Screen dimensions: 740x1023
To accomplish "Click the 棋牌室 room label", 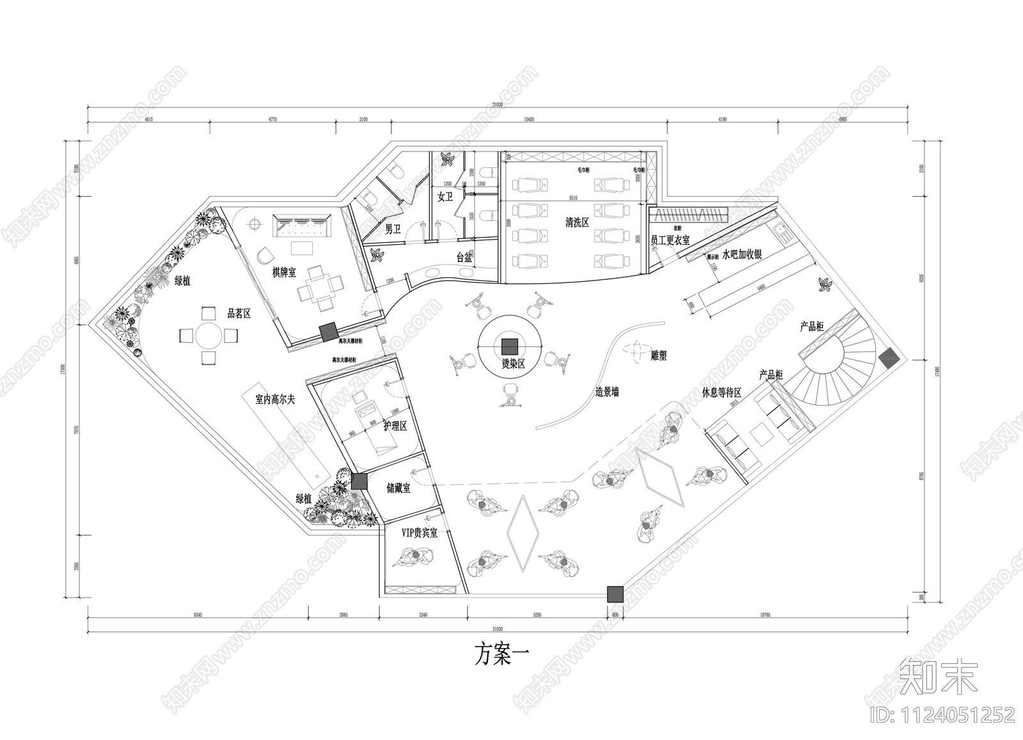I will pos(284,273).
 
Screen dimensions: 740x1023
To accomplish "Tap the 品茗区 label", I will pos(239,314).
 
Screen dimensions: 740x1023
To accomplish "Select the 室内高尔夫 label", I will pos(275,399).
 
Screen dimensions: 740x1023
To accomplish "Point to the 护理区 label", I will pos(395,425).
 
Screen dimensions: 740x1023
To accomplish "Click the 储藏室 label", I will pos(398,488).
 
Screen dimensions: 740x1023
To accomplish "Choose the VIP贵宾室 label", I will pos(419,533).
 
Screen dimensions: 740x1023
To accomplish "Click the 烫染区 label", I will pos(513,364).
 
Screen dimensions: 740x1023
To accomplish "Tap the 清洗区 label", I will pos(577,222).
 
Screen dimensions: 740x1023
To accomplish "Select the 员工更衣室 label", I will pos(670,240).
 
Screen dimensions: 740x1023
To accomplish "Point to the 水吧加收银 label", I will pos(742,254).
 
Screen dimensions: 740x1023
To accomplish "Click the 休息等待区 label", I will pos(721,392).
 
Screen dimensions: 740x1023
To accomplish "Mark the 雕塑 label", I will pos(659,355).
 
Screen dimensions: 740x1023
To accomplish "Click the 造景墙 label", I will pos(607,392).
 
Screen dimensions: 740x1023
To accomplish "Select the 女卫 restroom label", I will pos(445,197).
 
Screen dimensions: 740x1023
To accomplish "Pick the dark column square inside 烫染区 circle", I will pos(510,346).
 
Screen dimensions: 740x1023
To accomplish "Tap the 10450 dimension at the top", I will pos(528,119).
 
